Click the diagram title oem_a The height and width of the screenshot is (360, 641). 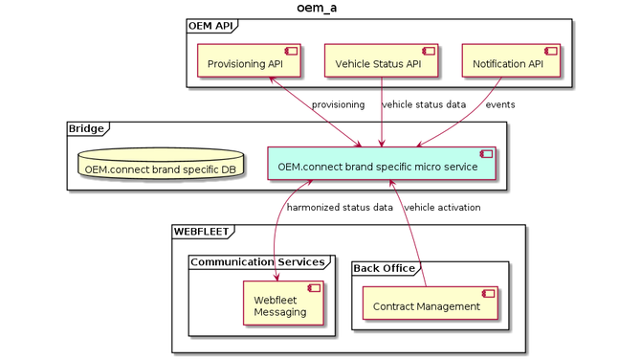point(317,9)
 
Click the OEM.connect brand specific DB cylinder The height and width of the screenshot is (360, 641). point(162,165)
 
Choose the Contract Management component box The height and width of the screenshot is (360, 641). point(425,304)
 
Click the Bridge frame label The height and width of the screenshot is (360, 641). point(86,127)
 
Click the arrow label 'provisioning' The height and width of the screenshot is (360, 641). point(338,104)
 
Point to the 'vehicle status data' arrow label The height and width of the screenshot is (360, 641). point(424,104)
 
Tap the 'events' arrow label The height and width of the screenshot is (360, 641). point(499,104)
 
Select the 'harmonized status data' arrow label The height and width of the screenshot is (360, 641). point(340,207)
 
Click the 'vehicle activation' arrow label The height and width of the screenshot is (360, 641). point(442,207)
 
